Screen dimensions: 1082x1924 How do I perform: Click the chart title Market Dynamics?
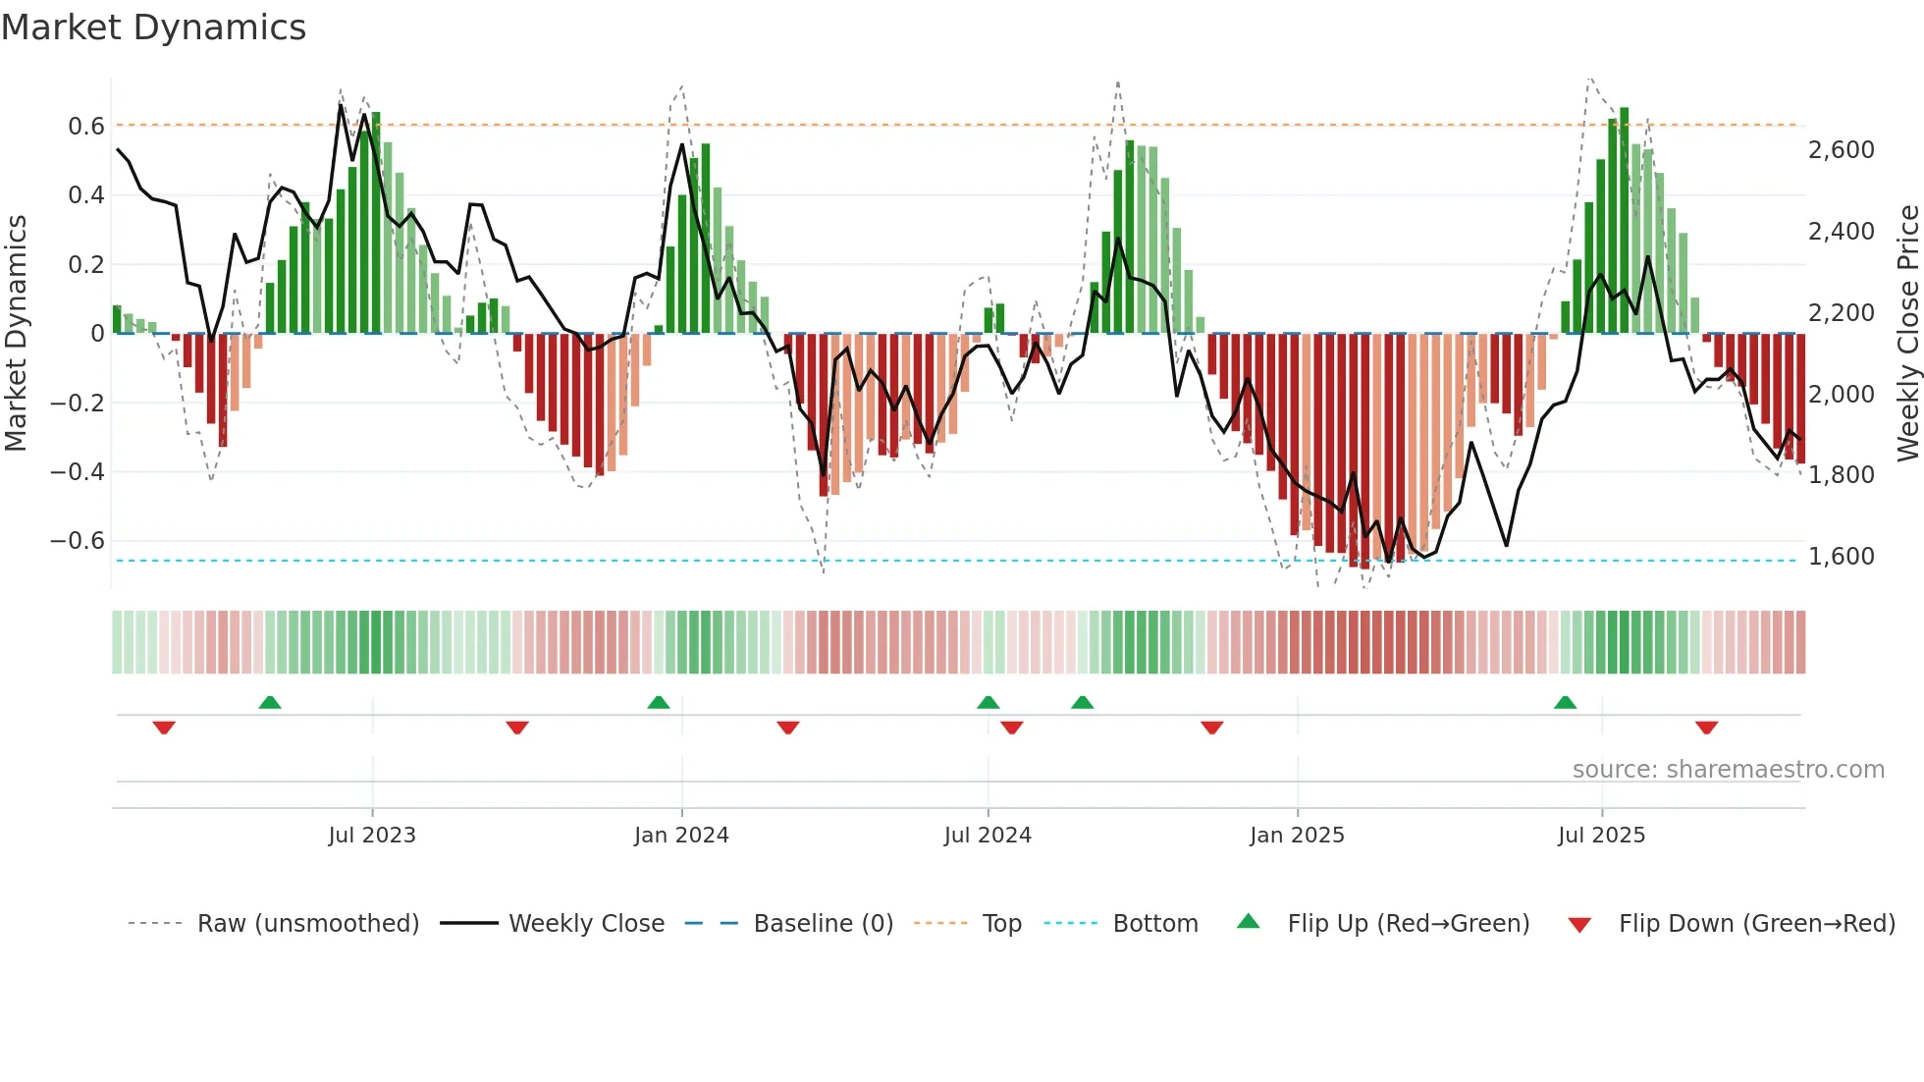point(153,27)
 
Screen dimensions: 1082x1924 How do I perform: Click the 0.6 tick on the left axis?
point(86,126)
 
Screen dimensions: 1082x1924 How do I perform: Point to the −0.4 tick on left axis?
point(77,472)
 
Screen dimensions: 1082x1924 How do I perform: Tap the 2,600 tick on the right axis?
point(1841,150)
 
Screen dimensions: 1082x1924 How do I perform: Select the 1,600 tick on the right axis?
point(1841,557)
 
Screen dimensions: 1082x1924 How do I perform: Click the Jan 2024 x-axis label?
point(681,836)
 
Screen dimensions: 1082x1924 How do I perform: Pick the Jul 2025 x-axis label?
point(1601,836)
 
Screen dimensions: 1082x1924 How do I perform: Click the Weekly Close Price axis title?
point(1907,334)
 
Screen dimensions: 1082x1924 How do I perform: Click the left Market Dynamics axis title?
point(16,334)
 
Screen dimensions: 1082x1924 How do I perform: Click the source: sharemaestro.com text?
point(1728,770)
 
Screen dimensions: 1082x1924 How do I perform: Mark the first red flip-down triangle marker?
point(164,728)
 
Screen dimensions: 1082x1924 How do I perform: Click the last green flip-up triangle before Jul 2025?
point(1565,702)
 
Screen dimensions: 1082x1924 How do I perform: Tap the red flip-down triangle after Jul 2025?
point(1706,728)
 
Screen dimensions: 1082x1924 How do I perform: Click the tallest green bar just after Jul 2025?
point(1625,221)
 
